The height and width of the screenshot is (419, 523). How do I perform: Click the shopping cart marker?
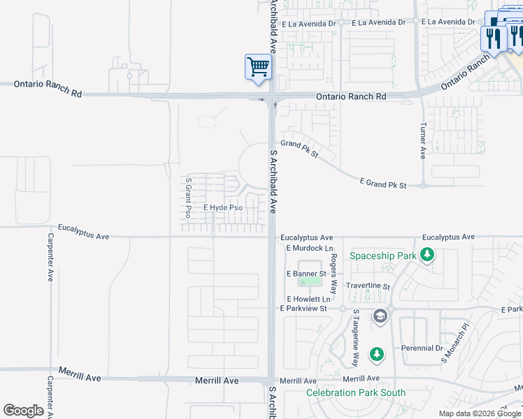pyautogui.click(x=258, y=68)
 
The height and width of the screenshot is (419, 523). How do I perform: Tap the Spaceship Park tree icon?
pyautogui.click(x=428, y=256)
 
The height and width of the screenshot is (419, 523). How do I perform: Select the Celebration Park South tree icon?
pyautogui.click(x=377, y=355)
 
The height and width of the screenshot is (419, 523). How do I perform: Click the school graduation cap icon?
pyautogui.click(x=380, y=317)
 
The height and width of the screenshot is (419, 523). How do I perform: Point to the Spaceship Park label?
pyautogui.click(x=383, y=256)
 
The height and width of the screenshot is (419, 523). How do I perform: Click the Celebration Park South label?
pyautogui.click(x=356, y=392)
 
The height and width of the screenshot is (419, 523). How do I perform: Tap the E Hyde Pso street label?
pyautogui.click(x=223, y=208)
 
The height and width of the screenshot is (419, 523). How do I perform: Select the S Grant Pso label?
pyautogui.click(x=188, y=198)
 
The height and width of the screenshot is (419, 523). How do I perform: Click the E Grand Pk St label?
pyautogui.click(x=383, y=184)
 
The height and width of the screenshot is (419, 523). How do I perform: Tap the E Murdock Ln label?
pyautogui.click(x=310, y=248)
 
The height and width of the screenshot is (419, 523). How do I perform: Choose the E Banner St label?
pyautogui.click(x=307, y=274)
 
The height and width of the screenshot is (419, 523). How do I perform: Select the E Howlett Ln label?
pyautogui.click(x=308, y=299)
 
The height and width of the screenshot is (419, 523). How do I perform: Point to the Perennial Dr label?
pyautogui.click(x=422, y=348)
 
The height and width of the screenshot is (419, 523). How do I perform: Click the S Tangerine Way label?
pyautogui.click(x=355, y=339)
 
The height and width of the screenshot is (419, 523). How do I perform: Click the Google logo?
pyautogui.click(x=23, y=411)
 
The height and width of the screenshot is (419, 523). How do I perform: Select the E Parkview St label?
pyautogui.click(x=303, y=308)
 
